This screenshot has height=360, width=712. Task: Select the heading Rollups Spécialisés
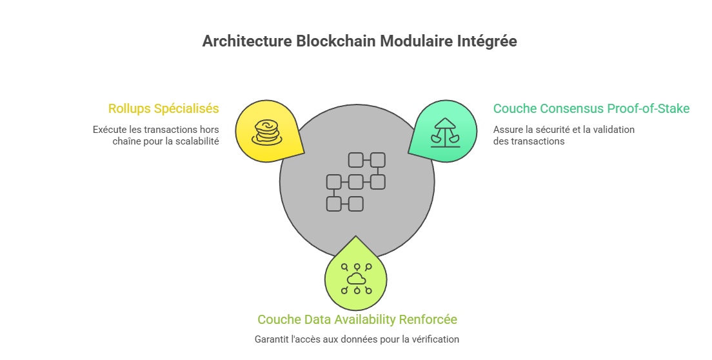tap(163, 108)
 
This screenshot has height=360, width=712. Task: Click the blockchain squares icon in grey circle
tap(355, 181)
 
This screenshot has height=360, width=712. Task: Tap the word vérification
tap(436, 339)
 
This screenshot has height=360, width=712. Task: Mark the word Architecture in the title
tap(246, 41)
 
